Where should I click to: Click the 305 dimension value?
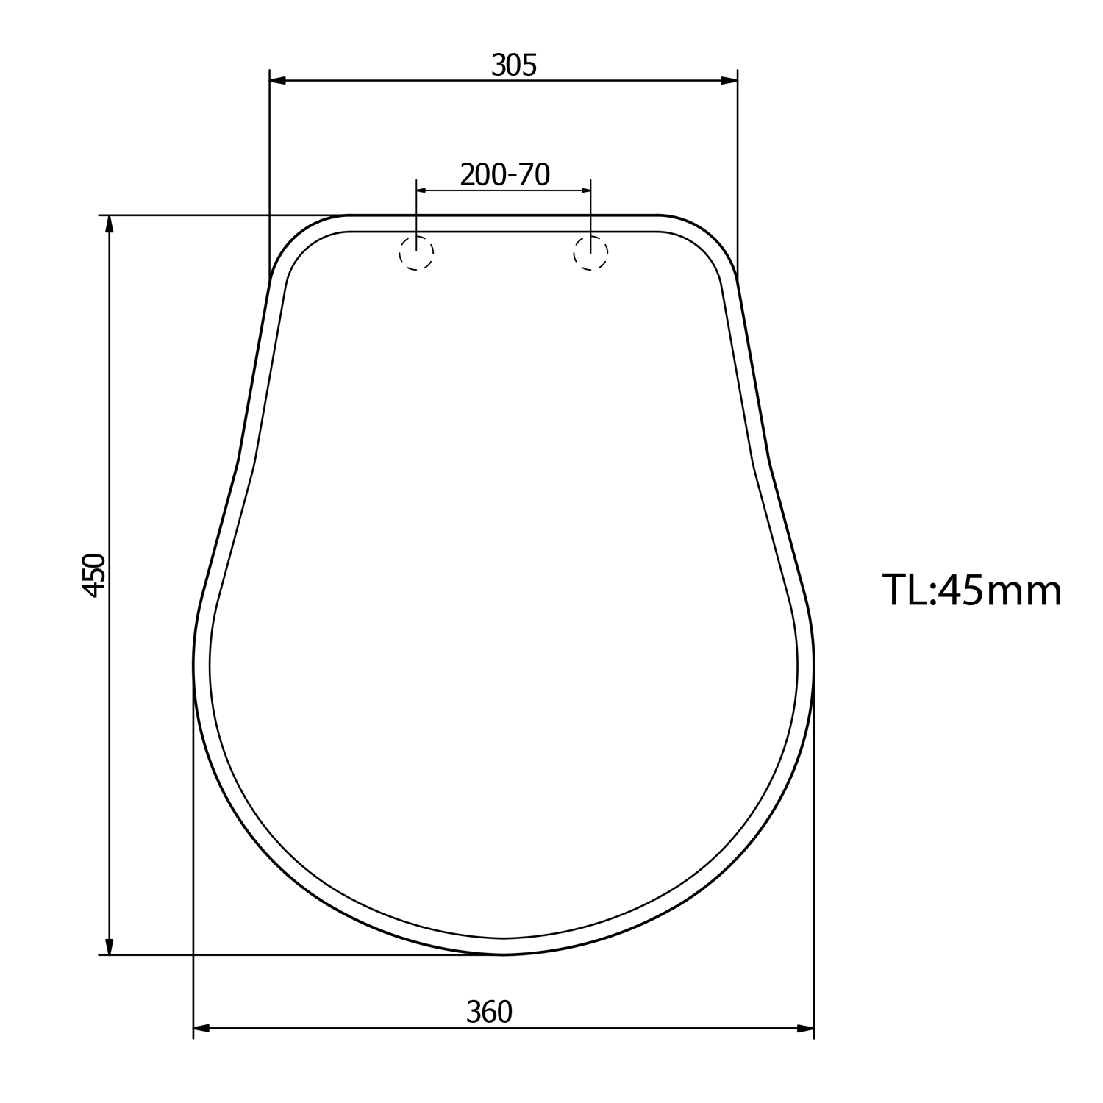(514, 65)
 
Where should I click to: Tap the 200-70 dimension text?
(505, 175)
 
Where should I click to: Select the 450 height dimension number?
(95, 575)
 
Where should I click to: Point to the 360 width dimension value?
(489, 1013)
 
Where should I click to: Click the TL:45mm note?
(972, 590)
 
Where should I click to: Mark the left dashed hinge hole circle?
(416, 253)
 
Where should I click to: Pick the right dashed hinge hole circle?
(590, 253)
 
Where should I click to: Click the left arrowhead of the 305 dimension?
(277, 80)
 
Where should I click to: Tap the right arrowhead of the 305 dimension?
(729, 80)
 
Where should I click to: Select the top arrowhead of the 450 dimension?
(110, 224)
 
